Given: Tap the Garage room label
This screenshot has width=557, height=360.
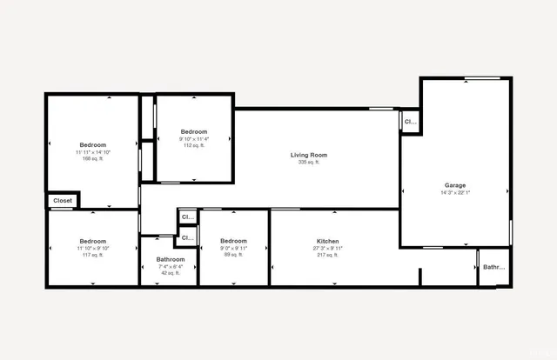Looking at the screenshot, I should (x=455, y=185).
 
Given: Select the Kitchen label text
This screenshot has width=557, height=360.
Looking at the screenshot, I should (x=327, y=241).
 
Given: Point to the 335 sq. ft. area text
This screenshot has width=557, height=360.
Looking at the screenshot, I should (x=308, y=162).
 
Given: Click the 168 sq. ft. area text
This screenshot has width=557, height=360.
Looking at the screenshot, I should (x=93, y=159).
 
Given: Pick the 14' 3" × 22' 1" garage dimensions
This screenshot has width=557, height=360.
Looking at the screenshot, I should (x=455, y=192).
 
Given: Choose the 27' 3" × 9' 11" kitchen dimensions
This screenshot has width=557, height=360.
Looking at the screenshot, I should (x=327, y=248).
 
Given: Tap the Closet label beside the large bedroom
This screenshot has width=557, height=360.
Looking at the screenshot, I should (x=63, y=201).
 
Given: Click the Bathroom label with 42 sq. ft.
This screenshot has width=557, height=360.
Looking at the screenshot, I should (x=171, y=259).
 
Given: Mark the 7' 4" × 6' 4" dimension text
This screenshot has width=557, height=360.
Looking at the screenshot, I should (x=171, y=266).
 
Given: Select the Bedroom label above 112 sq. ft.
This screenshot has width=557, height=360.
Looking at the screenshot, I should (x=194, y=131).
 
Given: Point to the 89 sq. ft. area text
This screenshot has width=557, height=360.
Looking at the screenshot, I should (x=234, y=255).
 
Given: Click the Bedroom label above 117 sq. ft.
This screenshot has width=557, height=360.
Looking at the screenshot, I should (x=93, y=241).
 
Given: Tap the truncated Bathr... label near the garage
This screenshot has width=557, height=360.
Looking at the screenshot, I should (x=493, y=267).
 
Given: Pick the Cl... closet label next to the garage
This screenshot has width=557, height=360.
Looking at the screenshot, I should (x=411, y=123).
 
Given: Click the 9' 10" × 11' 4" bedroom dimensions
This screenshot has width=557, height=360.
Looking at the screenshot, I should (x=194, y=138).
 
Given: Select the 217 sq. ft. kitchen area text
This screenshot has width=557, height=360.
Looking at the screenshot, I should (x=327, y=255).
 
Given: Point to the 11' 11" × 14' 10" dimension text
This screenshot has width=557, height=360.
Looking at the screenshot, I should (x=93, y=152).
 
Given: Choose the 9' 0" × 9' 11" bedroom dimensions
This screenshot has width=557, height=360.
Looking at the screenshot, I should (x=234, y=248).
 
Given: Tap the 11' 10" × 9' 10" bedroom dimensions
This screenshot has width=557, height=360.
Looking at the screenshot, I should (x=93, y=248).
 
